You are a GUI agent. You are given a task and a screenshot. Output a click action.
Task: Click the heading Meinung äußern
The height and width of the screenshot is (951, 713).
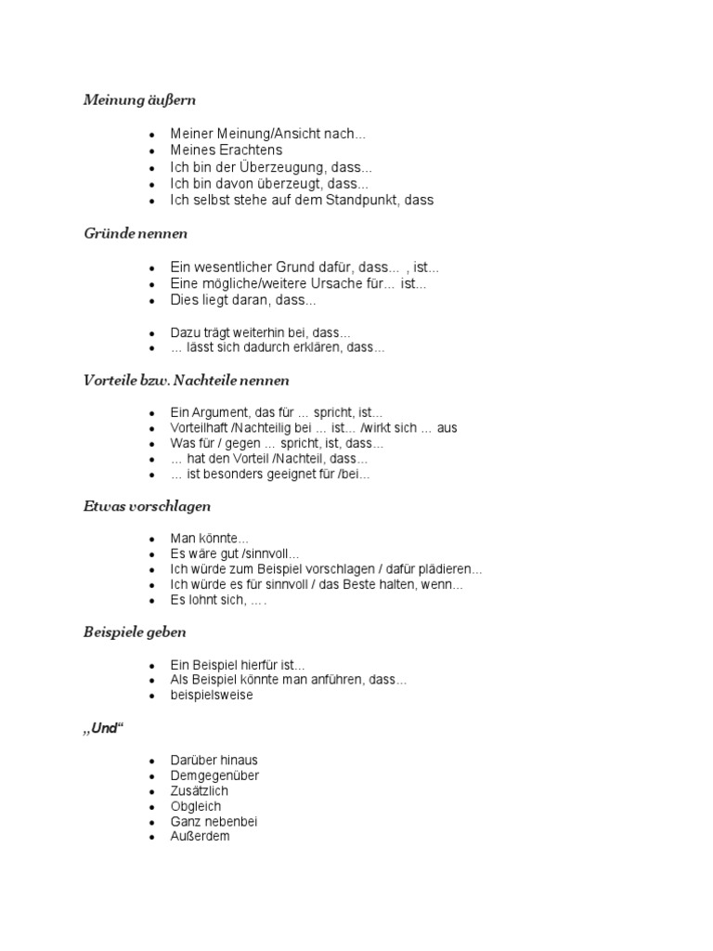(139, 99)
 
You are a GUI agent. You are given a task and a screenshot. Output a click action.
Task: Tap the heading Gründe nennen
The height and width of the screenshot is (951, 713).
(136, 233)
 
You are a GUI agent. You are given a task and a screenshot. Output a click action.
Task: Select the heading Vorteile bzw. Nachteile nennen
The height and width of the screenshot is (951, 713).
(186, 380)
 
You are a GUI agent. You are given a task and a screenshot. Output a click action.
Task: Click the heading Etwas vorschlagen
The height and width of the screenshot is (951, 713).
(147, 506)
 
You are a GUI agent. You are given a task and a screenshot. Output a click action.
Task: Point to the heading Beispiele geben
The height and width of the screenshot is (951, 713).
(135, 632)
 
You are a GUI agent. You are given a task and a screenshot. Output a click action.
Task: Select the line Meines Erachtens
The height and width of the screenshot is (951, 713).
(227, 150)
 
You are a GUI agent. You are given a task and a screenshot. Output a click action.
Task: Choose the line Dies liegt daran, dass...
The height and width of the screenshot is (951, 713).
(243, 301)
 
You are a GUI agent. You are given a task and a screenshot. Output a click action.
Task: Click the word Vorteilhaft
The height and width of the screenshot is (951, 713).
(199, 428)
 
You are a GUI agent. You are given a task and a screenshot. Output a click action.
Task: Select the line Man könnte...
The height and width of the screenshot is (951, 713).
(210, 539)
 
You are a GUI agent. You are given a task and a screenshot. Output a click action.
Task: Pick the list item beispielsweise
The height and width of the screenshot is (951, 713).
(212, 695)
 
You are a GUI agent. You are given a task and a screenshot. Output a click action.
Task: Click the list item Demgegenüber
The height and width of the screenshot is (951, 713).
(214, 775)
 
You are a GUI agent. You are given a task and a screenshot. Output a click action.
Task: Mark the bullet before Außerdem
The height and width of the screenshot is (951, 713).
(151, 837)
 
